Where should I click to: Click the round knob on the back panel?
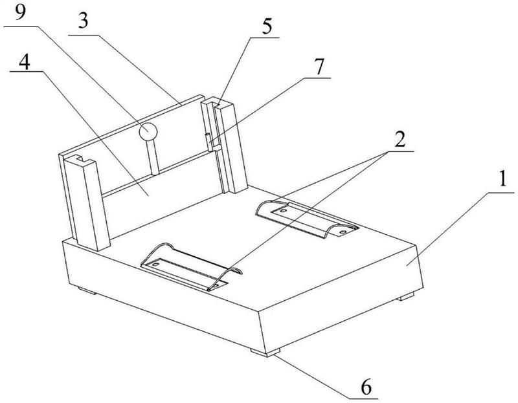pos(149,131)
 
